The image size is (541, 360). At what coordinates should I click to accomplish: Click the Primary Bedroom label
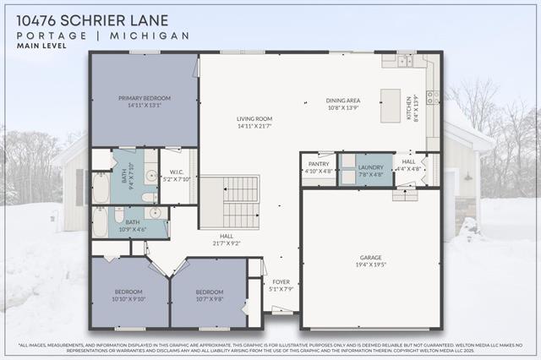(143, 98)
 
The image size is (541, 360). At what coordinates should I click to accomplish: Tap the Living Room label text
(254, 118)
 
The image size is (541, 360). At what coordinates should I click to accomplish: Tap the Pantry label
(318, 164)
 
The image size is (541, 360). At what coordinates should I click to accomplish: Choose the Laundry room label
(370, 167)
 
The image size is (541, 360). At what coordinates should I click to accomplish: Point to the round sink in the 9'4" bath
(150, 177)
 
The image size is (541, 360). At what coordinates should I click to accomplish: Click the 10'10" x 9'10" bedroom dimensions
(130, 298)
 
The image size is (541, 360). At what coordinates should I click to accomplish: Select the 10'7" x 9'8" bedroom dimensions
(209, 298)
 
